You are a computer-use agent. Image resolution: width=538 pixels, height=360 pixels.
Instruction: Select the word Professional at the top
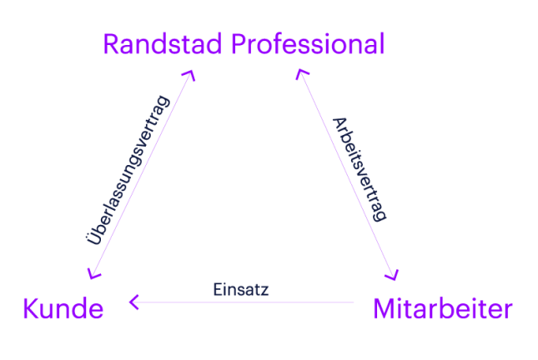pyautogui.click(x=309, y=44)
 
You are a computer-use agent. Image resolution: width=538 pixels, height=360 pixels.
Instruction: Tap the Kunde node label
pyautogui.click(x=63, y=310)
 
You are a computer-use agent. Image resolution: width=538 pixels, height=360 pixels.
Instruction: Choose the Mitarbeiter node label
pyautogui.click(x=442, y=310)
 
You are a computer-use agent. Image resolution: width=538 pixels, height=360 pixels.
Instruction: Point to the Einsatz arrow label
pyautogui.click(x=241, y=289)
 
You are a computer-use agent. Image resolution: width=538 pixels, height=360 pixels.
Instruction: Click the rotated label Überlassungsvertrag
pyautogui.click(x=128, y=171)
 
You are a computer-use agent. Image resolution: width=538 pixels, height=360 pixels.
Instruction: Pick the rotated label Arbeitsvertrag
pyautogui.click(x=359, y=167)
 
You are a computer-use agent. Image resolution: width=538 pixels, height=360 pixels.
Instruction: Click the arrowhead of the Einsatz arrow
pyautogui.click(x=132, y=302)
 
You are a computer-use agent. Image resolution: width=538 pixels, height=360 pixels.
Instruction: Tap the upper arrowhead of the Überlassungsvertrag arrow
pyautogui.click(x=191, y=74)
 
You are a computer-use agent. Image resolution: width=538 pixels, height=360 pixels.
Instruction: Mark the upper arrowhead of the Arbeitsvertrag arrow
pyautogui.click(x=300, y=75)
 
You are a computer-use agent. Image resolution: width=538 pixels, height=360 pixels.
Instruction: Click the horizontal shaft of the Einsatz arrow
pyautogui.click(x=250, y=302)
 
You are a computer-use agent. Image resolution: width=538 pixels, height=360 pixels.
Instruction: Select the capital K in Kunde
pyautogui.click(x=29, y=310)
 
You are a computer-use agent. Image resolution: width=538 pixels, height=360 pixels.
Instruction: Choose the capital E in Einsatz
pyautogui.click(x=216, y=289)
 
